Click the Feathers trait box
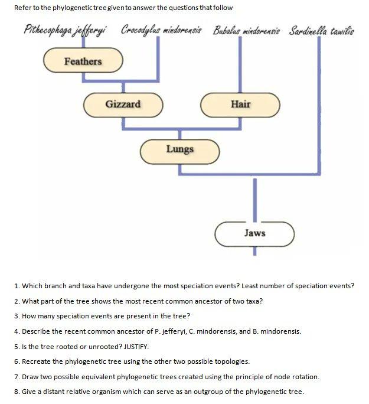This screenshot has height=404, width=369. tap(83, 61)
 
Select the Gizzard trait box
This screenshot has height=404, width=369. tap(123, 105)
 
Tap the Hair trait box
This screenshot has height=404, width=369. tap(240, 105)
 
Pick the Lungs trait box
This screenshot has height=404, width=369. tap(179, 149)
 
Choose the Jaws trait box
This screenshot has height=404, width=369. tap(254, 233)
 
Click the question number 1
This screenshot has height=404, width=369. tap(17, 286)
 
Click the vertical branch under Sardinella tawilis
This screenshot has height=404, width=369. tap(320, 100)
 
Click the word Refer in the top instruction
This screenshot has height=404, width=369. tap(24, 8)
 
